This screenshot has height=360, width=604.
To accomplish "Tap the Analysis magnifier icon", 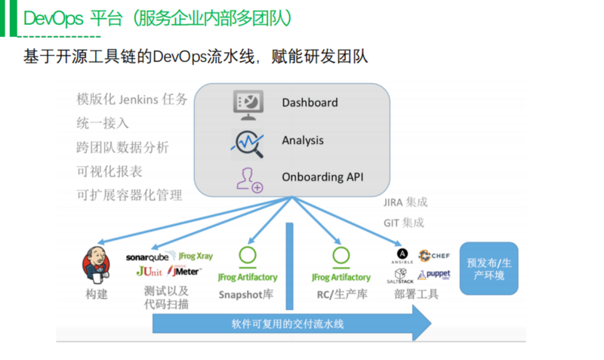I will pyautogui.click(x=248, y=141).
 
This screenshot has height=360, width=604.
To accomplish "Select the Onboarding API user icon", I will pyautogui.click(x=248, y=179).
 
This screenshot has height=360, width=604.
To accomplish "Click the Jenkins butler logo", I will pyautogui.click(x=96, y=263).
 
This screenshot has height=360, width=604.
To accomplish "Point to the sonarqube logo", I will pyautogui.click(x=147, y=257).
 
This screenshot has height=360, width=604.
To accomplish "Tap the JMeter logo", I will pyautogui.click(x=184, y=271).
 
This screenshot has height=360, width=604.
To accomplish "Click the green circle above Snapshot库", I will pyautogui.click(x=247, y=256).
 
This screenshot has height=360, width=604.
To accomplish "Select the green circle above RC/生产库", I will pyautogui.click(x=341, y=256).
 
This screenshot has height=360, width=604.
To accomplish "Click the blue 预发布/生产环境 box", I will pyautogui.click(x=489, y=269).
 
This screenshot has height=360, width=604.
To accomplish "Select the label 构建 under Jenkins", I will pyautogui.click(x=96, y=294).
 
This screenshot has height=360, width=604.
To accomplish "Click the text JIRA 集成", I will pyautogui.click(x=405, y=202).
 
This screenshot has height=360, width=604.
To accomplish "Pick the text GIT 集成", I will pyautogui.click(x=403, y=223).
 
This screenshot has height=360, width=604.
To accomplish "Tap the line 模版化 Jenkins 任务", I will pyautogui.click(x=131, y=100).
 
